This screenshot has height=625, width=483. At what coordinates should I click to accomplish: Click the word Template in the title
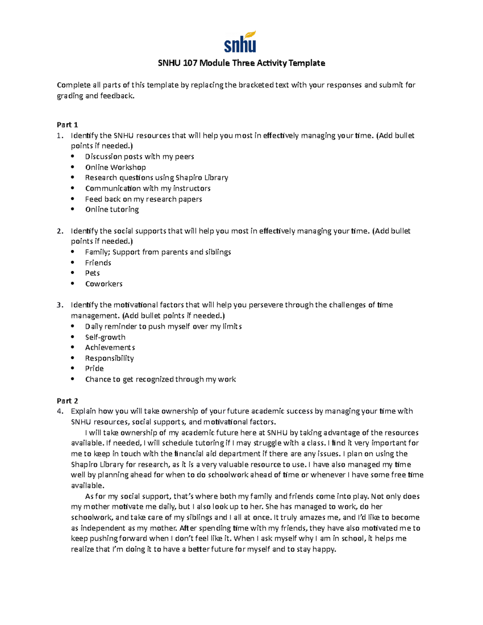[x=307, y=63]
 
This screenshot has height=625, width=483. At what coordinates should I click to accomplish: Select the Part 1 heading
[x=67, y=125]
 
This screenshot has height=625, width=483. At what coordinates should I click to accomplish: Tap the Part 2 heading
[x=67, y=401]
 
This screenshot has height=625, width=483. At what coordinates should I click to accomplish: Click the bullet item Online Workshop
[x=115, y=167]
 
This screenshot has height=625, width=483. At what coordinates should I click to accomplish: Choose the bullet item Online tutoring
[x=112, y=209]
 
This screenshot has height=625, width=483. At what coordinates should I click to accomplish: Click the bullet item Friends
[x=98, y=263]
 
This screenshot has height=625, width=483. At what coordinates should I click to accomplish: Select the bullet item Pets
[x=92, y=273]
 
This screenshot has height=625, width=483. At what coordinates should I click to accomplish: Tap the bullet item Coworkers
[x=103, y=284]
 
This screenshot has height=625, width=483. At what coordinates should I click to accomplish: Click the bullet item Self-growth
[x=105, y=337]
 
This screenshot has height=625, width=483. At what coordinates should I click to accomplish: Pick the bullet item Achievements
[x=110, y=347]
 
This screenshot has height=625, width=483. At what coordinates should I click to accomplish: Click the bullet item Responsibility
[x=109, y=358]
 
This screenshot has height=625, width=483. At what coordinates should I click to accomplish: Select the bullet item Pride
[x=94, y=368]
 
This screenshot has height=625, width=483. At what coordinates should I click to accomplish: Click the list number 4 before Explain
[x=60, y=411]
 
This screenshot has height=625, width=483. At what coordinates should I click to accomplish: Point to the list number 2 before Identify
[x=60, y=231]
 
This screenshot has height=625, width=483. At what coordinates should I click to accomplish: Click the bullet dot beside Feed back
[x=72, y=199]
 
